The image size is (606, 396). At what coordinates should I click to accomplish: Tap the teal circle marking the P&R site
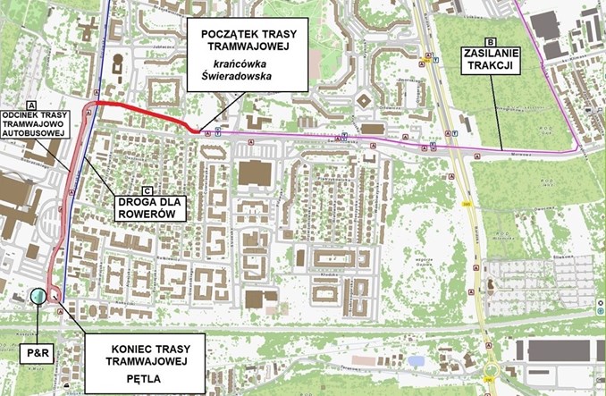[x=38, y=297]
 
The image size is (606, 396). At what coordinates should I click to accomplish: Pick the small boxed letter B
[x=490, y=41]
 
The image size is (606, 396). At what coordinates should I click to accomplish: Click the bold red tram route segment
[x=143, y=112]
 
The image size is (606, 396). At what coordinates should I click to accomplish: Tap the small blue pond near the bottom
[x=416, y=360]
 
